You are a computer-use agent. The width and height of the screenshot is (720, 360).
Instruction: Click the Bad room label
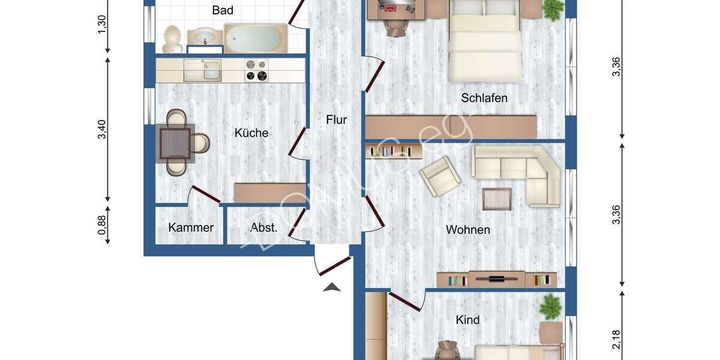[223, 10]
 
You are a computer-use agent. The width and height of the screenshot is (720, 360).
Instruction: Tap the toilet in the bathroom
[172, 38]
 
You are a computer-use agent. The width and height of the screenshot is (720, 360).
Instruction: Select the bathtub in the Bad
[256, 38]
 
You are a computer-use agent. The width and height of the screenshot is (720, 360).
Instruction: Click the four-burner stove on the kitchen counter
[256, 70]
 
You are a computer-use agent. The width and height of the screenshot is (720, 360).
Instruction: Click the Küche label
[251, 133]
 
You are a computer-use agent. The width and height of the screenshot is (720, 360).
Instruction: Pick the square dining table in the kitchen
[175, 143]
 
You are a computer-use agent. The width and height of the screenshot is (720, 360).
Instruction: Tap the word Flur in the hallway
[336, 119]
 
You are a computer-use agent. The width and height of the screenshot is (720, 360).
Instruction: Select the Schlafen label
[484, 98]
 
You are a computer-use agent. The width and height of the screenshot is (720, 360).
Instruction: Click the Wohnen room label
[467, 230]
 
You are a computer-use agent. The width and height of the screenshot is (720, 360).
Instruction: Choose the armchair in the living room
[440, 175]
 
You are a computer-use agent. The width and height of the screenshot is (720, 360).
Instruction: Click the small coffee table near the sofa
[497, 199]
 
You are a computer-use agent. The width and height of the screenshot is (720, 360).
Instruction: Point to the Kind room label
[467, 320]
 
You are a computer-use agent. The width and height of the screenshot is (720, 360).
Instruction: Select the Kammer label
[191, 227]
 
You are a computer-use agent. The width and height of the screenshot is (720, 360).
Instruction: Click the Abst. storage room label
[264, 227]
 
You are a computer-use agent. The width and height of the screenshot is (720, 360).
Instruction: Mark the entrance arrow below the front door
[332, 287]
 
